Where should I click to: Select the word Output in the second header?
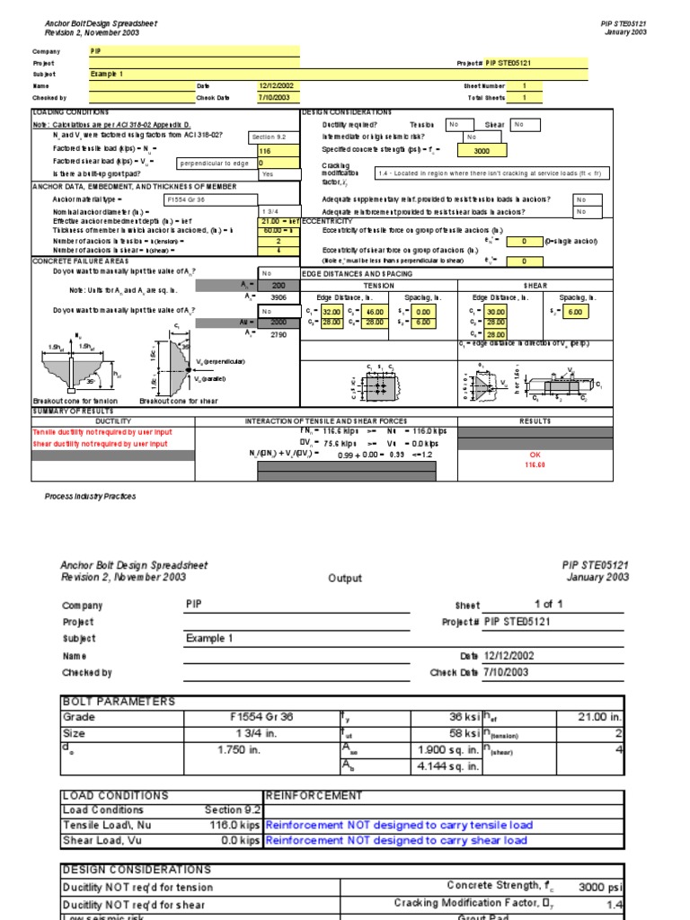[345, 579]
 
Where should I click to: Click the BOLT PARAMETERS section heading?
[119, 702]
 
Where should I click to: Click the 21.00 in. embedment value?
[589, 717]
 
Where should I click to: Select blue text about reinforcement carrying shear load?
[396, 841]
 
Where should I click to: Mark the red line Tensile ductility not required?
[102, 432]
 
